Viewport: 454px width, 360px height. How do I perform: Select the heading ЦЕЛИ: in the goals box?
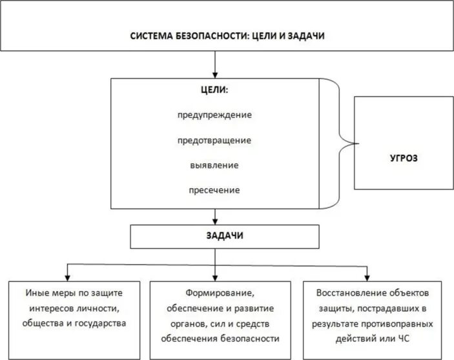coord(214,90)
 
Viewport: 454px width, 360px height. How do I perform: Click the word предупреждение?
coord(215,115)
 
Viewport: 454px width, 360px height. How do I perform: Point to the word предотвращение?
coord(215,140)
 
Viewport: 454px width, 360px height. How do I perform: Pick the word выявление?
coord(214,165)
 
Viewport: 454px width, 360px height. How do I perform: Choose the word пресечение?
coord(214,190)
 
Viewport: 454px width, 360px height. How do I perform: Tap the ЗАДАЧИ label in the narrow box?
coord(214,236)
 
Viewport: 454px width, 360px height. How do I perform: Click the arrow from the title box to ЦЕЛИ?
coord(214,65)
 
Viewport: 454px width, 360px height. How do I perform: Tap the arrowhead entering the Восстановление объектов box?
coord(367,276)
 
